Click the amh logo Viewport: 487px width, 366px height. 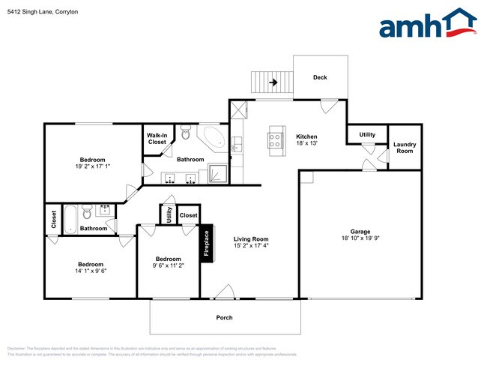point(427,24)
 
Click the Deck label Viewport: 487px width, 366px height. point(320,77)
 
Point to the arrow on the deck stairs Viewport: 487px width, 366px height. point(274,82)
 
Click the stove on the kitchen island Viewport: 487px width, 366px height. point(274,138)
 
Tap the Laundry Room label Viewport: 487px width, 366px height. point(405,147)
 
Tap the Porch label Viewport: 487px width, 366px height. point(224,317)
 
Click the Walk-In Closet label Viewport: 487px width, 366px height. point(157,139)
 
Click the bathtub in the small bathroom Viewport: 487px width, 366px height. point(70,217)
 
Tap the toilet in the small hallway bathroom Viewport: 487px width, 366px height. point(87,210)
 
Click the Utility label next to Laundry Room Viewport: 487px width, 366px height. point(366,135)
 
